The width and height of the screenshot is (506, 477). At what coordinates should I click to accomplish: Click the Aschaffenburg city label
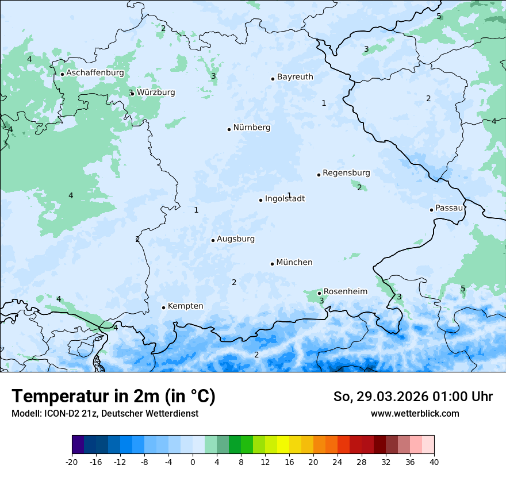(x=95, y=73)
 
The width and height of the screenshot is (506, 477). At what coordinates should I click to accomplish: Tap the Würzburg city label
(x=156, y=92)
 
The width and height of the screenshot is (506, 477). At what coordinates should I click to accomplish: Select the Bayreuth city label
(x=295, y=76)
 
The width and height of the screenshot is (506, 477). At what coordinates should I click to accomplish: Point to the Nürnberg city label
(x=251, y=128)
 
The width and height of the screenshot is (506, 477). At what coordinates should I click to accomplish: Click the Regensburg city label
(x=346, y=172)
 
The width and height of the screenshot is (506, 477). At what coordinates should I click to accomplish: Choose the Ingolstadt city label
(x=285, y=199)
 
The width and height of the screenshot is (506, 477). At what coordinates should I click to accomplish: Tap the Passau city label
(x=449, y=208)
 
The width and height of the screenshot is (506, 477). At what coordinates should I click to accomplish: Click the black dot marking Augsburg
(x=213, y=240)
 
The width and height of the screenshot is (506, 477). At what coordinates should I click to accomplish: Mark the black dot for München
(x=272, y=264)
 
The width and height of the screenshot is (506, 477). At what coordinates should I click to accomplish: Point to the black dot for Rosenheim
(x=319, y=293)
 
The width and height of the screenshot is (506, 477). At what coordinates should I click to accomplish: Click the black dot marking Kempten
(x=163, y=307)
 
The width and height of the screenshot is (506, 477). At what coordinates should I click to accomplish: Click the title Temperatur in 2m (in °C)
(x=113, y=397)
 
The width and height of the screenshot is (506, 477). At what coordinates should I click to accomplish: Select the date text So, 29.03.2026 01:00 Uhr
(x=413, y=397)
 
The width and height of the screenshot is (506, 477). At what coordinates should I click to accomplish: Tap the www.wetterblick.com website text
(x=415, y=413)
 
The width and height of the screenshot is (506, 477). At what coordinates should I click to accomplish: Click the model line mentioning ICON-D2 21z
(x=105, y=413)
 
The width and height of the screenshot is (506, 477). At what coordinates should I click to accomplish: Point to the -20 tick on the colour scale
(x=72, y=461)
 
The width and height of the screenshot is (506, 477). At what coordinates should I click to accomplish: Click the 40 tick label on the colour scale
(x=434, y=461)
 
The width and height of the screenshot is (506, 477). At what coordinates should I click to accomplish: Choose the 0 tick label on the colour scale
(x=193, y=461)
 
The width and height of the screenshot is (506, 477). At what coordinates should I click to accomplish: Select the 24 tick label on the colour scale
(x=338, y=461)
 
